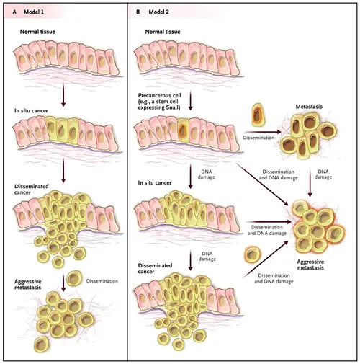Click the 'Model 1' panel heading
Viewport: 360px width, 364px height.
(x=34, y=12)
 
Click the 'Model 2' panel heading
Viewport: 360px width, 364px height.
(x=158, y=12)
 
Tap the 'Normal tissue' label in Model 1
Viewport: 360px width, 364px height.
(x=37, y=32)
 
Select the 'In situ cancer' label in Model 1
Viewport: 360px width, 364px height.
(x=31, y=111)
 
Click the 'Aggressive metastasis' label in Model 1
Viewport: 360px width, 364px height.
(x=27, y=285)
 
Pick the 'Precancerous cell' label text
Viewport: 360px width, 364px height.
(x=159, y=95)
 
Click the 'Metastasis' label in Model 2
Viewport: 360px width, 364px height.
(x=309, y=107)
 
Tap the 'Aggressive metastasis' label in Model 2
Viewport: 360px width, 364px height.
(x=310, y=265)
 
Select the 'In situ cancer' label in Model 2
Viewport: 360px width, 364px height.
(x=155, y=182)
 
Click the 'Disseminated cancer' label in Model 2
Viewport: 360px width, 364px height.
(x=155, y=269)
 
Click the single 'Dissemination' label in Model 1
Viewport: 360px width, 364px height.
(x=102, y=281)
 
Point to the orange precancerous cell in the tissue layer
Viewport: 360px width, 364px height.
(x=183, y=132)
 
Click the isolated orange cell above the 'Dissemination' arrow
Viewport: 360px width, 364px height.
(x=258, y=115)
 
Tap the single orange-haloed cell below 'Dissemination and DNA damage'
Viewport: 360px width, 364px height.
(x=252, y=254)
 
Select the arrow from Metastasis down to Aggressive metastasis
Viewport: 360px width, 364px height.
(x=310, y=183)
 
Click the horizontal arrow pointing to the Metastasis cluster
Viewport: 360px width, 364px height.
(x=263, y=132)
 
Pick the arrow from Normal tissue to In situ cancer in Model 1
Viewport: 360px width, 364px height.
(x=63, y=95)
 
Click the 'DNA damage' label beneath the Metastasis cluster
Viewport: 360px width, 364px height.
(x=323, y=174)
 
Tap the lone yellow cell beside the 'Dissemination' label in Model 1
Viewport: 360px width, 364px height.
(x=74, y=278)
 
